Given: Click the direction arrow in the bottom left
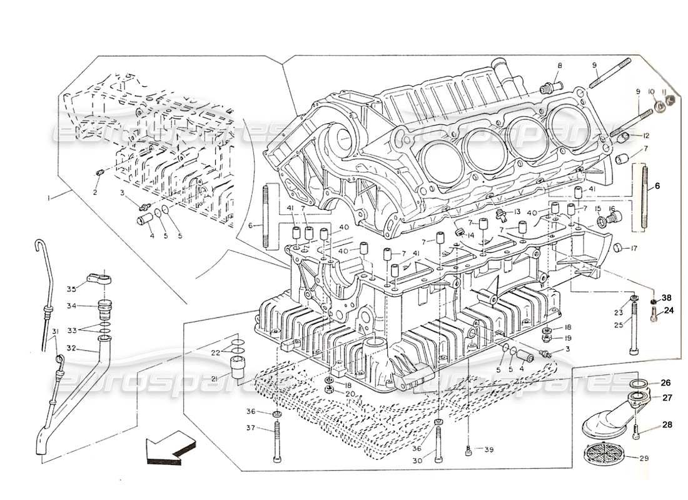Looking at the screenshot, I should [x=168, y=449].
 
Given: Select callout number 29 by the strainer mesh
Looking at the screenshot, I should [x=644, y=458].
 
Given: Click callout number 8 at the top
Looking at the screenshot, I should [x=560, y=65].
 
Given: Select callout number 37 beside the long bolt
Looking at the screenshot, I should [x=251, y=427].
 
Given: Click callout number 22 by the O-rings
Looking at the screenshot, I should [x=215, y=353].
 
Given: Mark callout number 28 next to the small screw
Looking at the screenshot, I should [x=667, y=424].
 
